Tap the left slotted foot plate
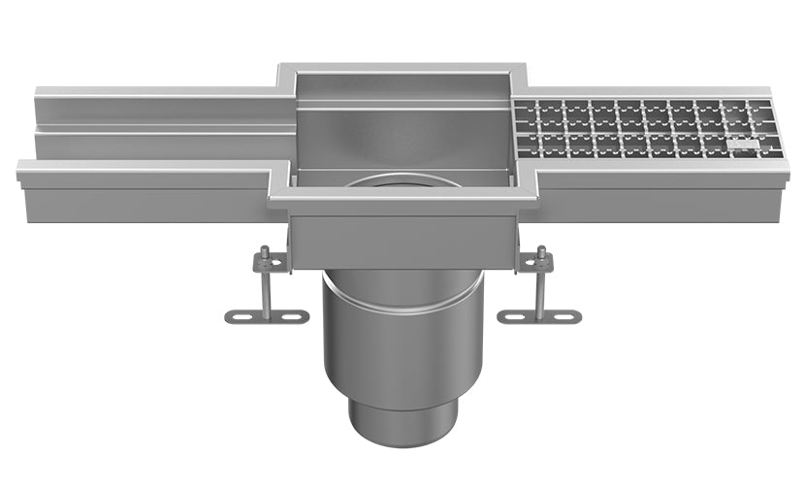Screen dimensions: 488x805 [x=266, y=316]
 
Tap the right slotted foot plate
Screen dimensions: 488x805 [x=538, y=316]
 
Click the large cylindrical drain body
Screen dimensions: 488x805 [x=402, y=349]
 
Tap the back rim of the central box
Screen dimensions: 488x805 [x=402, y=69]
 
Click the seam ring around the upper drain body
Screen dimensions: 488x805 [x=402, y=308]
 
